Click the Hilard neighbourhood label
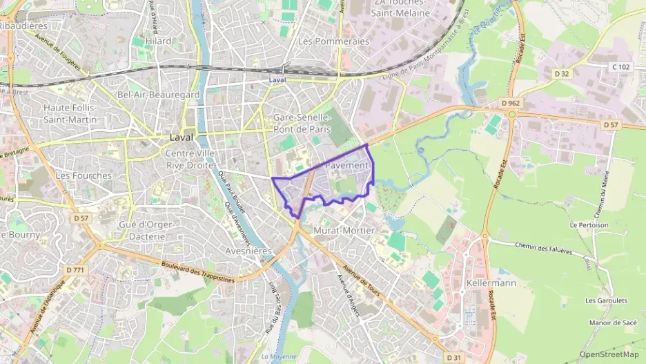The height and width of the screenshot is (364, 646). [x=158, y=41]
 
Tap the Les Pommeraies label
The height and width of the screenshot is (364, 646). [x=333, y=41]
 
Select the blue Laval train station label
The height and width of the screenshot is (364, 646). [x=277, y=80]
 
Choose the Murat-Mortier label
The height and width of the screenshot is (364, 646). [x=344, y=230]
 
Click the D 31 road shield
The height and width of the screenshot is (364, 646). [x=453, y=357]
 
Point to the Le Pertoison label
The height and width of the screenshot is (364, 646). [x=589, y=225]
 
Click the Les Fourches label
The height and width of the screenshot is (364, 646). [x=84, y=175]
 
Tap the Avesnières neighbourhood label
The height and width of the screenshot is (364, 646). [x=250, y=251]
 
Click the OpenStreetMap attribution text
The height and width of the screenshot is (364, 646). [x=609, y=354]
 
